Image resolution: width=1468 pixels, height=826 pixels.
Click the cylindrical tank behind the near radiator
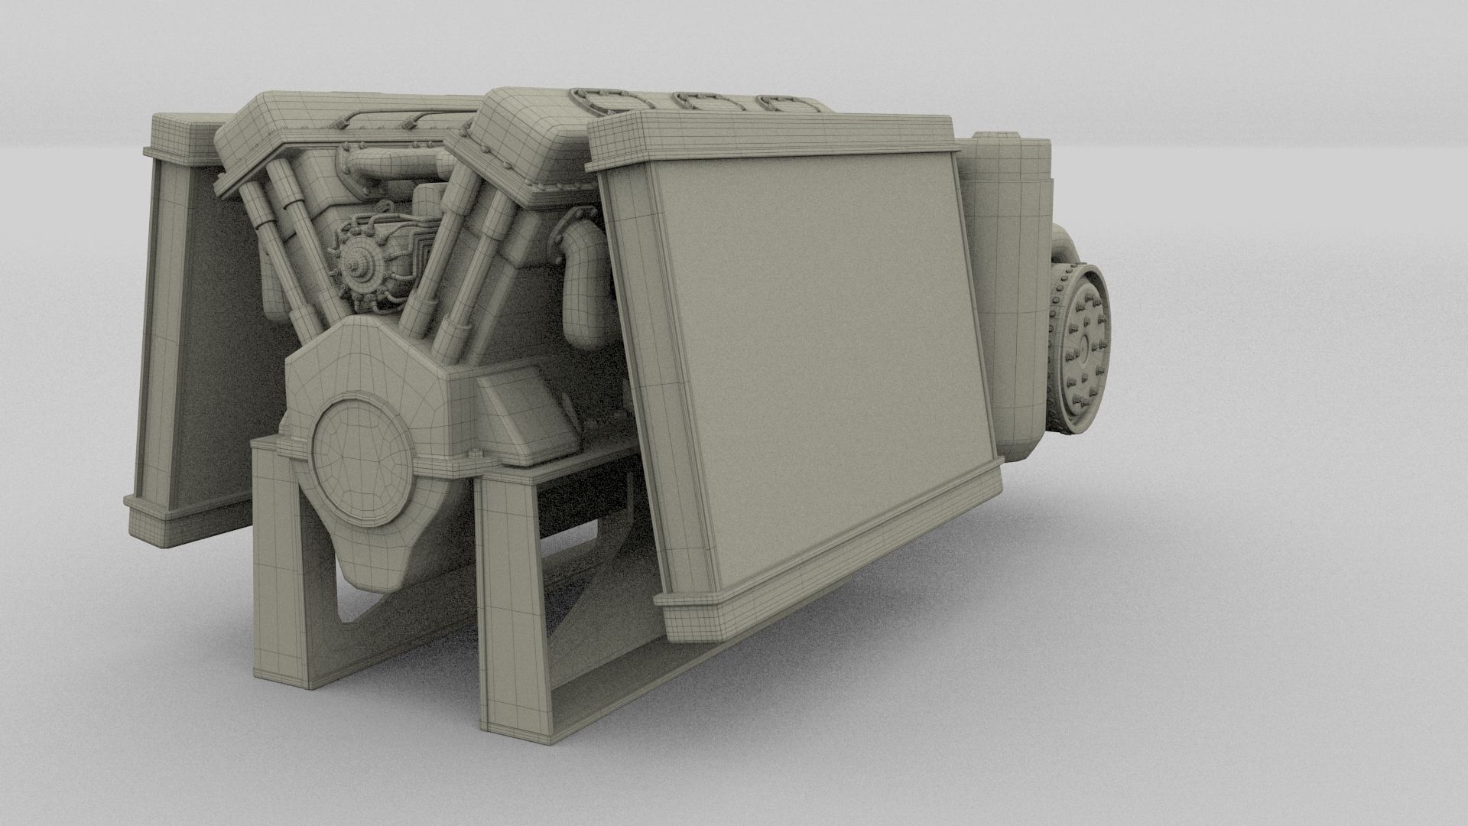click(1009, 291)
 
